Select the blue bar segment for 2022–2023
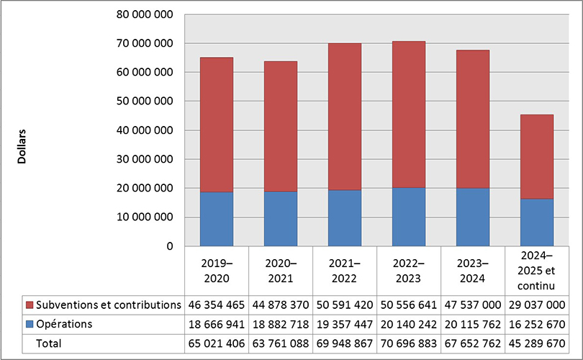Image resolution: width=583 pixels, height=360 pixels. (408, 217)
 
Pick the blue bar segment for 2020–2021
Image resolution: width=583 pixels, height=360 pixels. (280, 219)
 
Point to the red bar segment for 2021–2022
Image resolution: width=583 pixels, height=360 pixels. (344, 117)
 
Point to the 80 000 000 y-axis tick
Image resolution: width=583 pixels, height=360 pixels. (144, 15)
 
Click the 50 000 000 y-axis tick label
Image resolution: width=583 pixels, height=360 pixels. (144, 102)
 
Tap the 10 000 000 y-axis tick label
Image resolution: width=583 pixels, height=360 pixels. (144, 217)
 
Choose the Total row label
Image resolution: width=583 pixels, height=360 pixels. (49, 343)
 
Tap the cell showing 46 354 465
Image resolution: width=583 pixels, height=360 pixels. (216, 305)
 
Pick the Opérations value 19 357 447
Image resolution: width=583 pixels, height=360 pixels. (344, 324)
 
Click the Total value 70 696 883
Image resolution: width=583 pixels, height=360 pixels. (408, 343)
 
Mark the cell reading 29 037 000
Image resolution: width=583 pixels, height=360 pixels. (537, 305)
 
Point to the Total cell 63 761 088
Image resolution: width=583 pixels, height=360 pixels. (280, 343)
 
